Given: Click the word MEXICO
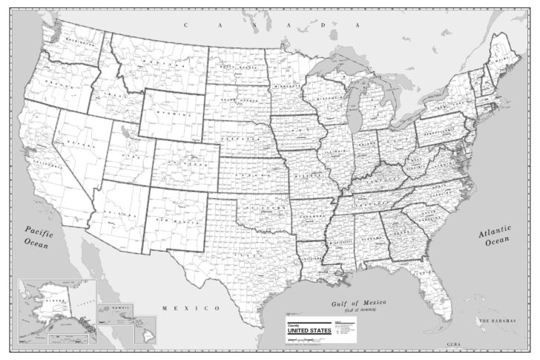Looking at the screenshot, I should coord(191,307).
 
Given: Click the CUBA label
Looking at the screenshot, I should coord(452,346).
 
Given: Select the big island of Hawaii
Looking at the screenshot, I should coord(145,330).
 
